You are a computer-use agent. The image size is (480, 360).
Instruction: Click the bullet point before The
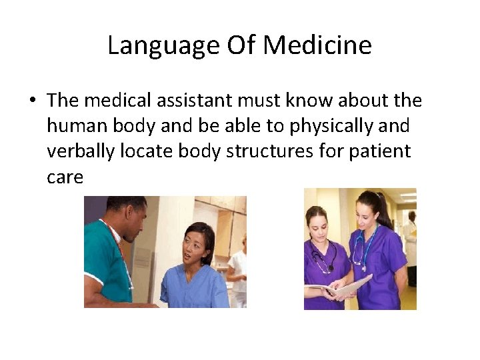31,101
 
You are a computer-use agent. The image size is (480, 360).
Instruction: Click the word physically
320,127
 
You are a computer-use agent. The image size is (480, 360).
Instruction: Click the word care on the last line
65,177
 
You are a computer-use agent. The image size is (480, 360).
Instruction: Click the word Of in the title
243,46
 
